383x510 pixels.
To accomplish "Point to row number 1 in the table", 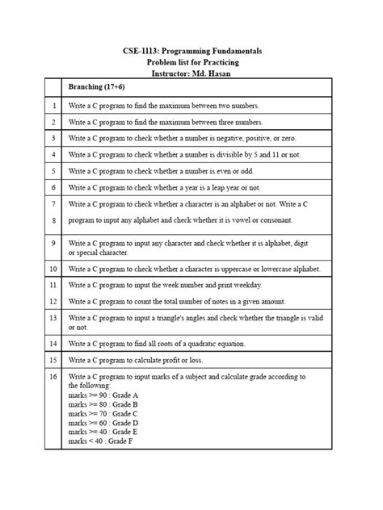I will [x=53, y=106].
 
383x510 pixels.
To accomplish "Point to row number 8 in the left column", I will [x=53, y=219].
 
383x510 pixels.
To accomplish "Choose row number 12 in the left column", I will [x=53, y=301].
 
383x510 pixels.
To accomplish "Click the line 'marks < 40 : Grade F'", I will [x=102, y=441].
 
